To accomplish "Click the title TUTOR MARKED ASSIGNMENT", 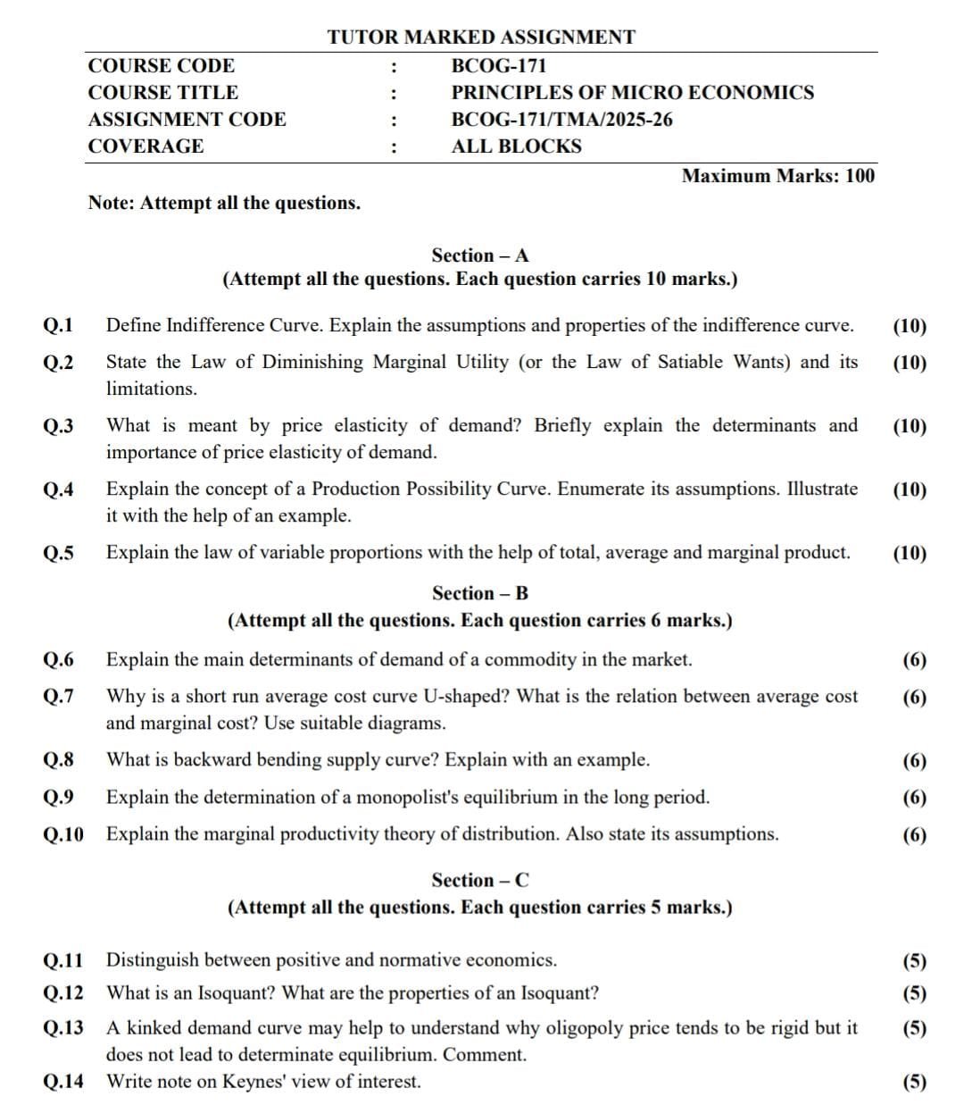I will [x=481, y=38].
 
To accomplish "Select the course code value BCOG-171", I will [x=499, y=66].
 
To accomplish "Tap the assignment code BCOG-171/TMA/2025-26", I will [x=561, y=120].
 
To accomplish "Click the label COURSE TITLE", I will [x=162, y=93].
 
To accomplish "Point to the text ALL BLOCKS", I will [x=516, y=146].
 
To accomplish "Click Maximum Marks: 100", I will [x=777, y=175].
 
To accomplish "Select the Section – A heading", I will [x=480, y=255].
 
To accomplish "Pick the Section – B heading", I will [x=480, y=593].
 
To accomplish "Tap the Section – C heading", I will [x=480, y=880].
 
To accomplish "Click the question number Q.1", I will [x=58, y=326].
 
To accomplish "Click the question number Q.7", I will [x=58, y=696].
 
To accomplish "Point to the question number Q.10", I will [x=63, y=834].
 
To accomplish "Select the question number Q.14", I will [x=63, y=1082].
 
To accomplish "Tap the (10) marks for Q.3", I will [x=910, y=426].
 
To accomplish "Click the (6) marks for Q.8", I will [x=915, y=761].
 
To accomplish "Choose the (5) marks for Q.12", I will [x=915, y=993].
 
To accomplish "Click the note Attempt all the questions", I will [x=224, y=203].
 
